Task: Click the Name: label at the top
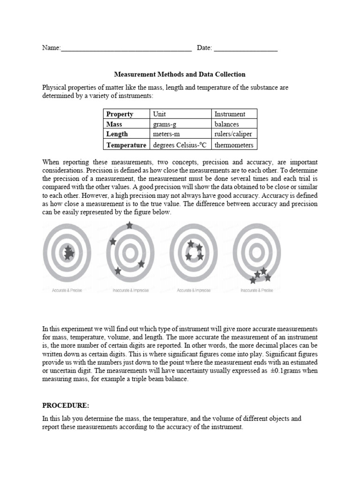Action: [x=52, y=48]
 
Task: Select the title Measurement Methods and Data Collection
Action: [x=180, y=74]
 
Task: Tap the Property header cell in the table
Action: [x=120, y=114]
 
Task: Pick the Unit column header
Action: [x=159, y=114]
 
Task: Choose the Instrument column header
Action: [x=229, y=114]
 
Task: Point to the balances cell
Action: [x=226, y=124]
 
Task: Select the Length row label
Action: [x=117, y=135]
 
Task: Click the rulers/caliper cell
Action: [x=233, y=135]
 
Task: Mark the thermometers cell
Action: [x=233, y=145]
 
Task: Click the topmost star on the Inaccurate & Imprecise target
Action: [x=129, y=225]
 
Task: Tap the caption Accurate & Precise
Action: [x=67, y=291]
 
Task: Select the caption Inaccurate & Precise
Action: [x=257, y=291]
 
